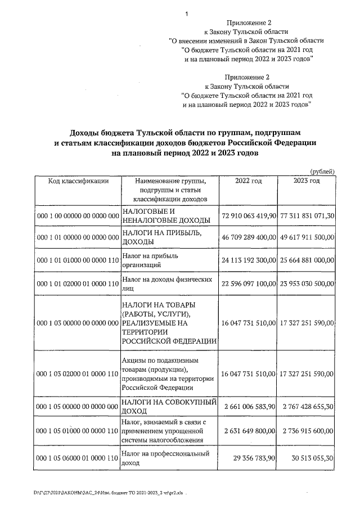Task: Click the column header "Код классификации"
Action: tap(78, 181)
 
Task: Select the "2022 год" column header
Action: tap(249, 181)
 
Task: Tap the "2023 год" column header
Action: tap(307, 181)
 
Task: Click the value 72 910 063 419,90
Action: tap(249, 216)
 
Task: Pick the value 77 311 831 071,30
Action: tap(307, 216)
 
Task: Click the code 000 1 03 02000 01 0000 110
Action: tap(78, 373)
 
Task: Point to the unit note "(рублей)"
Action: tap(323, 171)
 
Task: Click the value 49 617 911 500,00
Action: tap(307, 238)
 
